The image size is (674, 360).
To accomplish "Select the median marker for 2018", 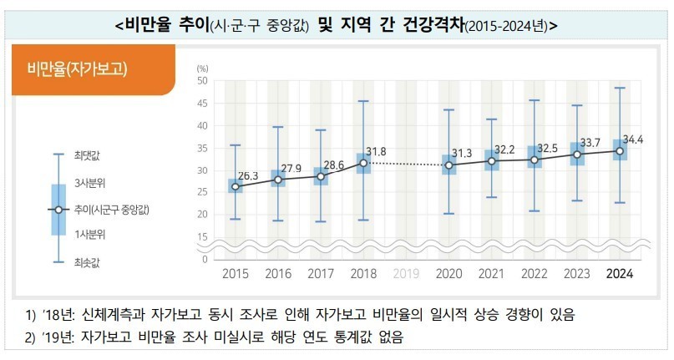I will (x=362, y=164).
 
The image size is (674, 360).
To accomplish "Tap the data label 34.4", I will (x=632, y=139).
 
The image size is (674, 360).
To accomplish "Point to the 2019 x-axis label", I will (x=405, y=273).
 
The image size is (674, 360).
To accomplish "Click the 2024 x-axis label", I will (x=619, y=273).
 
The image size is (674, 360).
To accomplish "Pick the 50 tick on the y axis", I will (x=202, y=81).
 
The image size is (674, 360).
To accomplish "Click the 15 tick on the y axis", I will (x=202, y=237).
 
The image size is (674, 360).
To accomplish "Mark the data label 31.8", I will (x=378, y=151).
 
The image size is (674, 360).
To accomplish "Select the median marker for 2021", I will (x=492, y=160).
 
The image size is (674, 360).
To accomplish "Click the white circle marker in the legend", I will (x=58, y=209).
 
